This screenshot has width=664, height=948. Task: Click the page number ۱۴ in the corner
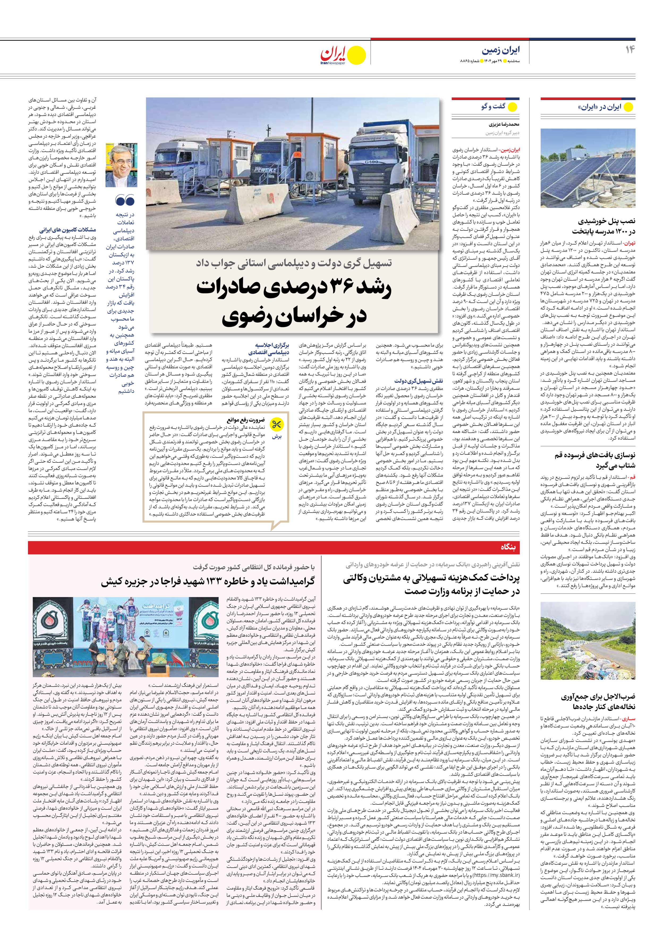[x=629, y=50]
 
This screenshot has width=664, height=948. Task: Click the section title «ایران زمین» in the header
[x=500, y=50]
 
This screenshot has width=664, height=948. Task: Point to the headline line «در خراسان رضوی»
[x=294, y=317]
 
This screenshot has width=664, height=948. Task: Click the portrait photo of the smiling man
[x=121, y=165]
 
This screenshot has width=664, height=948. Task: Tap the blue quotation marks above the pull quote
[x=125, y=201]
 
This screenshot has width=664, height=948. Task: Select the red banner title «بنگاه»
[x=508, y=547]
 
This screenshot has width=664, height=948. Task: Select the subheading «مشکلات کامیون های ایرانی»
[x=68, y=230]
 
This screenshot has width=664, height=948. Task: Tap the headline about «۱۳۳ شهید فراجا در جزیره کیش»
[x=208, y=582]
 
